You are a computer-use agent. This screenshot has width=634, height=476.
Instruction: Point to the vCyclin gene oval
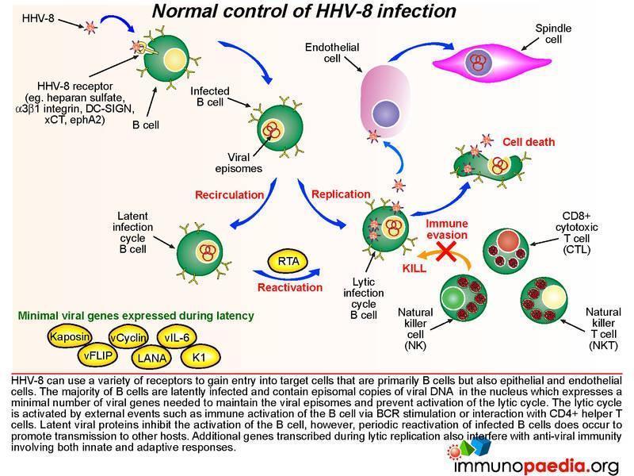128,338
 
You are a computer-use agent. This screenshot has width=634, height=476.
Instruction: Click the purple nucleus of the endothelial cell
387,109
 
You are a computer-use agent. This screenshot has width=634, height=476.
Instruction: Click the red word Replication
341,194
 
